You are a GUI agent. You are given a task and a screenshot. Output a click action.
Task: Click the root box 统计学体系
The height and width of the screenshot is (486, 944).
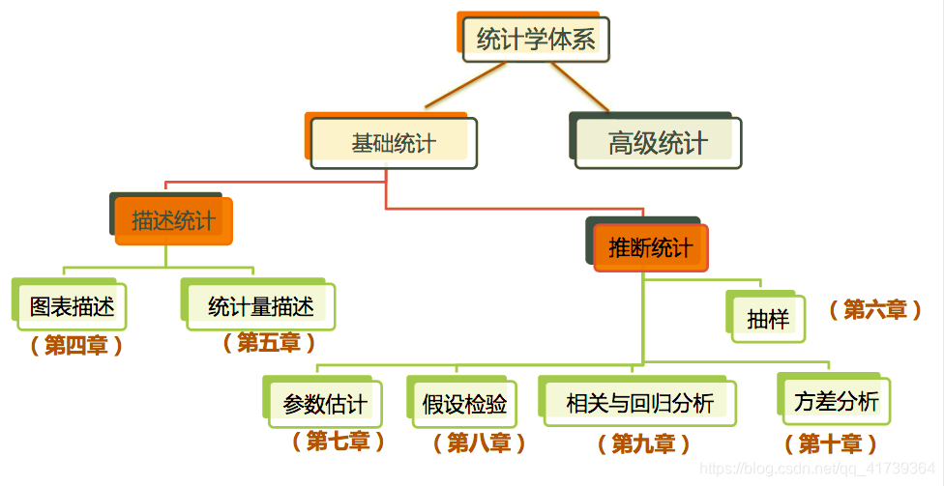pyautogui.click(x=535, y=39)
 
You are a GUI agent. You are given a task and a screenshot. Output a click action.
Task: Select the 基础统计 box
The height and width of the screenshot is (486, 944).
pyautogui.click(x=394, y=144)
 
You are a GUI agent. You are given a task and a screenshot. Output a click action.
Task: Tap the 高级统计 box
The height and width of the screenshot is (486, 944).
pyautogui.click(x=658, y=144)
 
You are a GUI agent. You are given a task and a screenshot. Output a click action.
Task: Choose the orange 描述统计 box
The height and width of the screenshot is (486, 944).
pyautogui.click(x=174, y=221)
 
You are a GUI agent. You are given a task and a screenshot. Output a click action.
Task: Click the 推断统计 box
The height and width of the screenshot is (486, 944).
pyautogui.click(x=650, y=248)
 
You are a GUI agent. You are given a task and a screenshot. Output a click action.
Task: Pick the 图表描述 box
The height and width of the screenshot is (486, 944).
pyautogui.click(x=72, y=307)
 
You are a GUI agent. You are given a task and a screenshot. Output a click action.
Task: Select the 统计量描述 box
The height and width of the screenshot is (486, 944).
pyautogui.click(x=260, y=307)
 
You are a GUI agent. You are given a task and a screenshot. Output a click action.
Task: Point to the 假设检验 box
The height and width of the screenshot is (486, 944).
pyautogui.click(x=463, y=403)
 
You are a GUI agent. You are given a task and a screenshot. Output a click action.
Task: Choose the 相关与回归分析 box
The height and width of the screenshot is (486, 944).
pyautogui.click(x=638, y=403)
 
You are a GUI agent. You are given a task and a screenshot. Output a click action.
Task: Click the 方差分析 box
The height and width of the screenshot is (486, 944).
pyautogui.click(x=836, y=402)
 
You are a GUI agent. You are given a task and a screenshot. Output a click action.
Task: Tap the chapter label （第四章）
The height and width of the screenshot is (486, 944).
pyautogui.click(x=76, y=345)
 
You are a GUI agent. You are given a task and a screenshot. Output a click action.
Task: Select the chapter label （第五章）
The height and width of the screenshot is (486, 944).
pyautogui.click(x=269, y=342)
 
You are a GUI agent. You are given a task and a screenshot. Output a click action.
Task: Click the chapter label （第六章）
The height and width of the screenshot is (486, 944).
pyautogui.click(x=874, y=309)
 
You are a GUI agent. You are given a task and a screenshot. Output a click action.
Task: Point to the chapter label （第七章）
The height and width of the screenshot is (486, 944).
pyautogui.click(x=339, y=442)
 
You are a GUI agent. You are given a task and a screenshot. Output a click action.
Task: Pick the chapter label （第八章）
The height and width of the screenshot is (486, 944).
pyautogui.click(x=479, y=443)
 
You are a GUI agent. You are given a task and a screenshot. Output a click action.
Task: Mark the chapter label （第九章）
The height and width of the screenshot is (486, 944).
pyautogui.click(x=644, y=443)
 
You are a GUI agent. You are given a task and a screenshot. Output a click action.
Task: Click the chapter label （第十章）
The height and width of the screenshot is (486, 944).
pyautogui.click(x=830, y=443)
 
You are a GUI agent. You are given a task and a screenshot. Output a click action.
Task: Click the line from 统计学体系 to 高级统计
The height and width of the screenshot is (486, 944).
pyautogui.click(x=579, y=86)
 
